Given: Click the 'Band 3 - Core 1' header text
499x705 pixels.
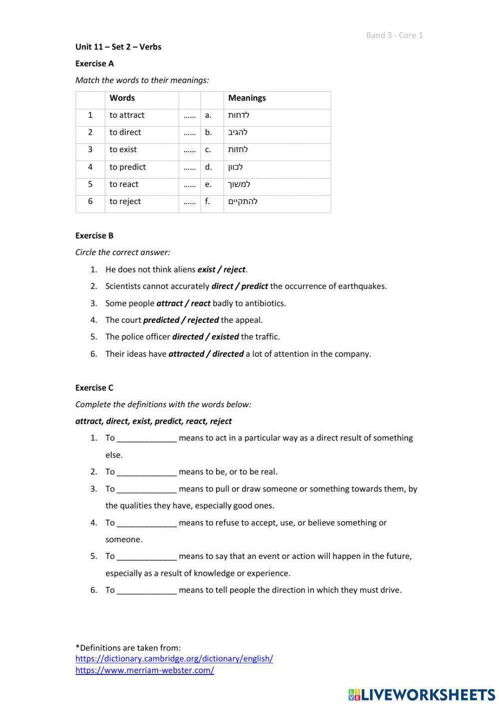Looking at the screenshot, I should pyautogui.click(x=394, y=35).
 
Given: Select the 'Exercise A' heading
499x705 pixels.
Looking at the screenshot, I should pyautogui.click(x=94, y=63).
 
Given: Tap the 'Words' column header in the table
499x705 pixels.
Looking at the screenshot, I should pyautogui.click(x=122, y=98).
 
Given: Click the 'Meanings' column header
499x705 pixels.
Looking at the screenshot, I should pyautogui.click(x=247, y=98).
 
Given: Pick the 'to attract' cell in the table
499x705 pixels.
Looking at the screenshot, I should pyautogui.click(x=127, y=115).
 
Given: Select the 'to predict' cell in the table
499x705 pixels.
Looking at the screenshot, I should pyautogui.click(x=128, y=167).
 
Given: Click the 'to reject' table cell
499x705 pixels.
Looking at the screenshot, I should pyautogui.click(x=125, y=202).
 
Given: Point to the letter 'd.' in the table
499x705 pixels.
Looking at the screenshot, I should pyautogui.click(x=208, y=167).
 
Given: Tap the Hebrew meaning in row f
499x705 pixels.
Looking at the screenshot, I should pyautogui.click(x=243, y=202).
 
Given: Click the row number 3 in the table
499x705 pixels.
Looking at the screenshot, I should pyautogui.click(x=90, y=150).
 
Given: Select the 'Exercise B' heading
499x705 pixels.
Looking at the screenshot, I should pyautogui.click(x=94, y=235).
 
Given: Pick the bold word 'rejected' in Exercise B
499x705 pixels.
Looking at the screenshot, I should pyautogui.click(x=203, y=320).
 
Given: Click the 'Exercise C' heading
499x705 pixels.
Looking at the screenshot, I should pyautogui.click(x=94, y=388).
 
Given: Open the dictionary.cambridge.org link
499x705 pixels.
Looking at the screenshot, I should pyautogui.click(x=174, y=659).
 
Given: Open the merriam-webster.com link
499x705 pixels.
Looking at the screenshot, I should pyautogui.click(x=145, y=670).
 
